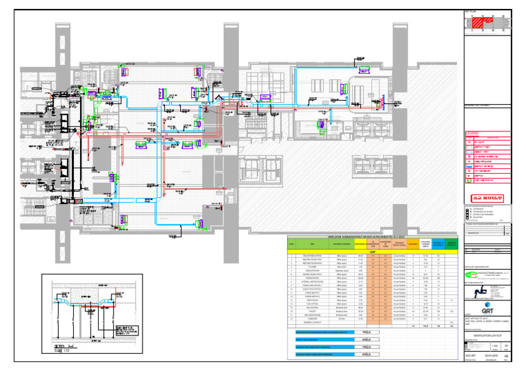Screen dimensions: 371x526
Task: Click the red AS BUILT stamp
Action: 487,198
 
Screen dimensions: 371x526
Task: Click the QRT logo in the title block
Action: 481,307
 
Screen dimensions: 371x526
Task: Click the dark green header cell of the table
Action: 450,243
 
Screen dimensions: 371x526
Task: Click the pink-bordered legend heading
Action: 473,133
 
